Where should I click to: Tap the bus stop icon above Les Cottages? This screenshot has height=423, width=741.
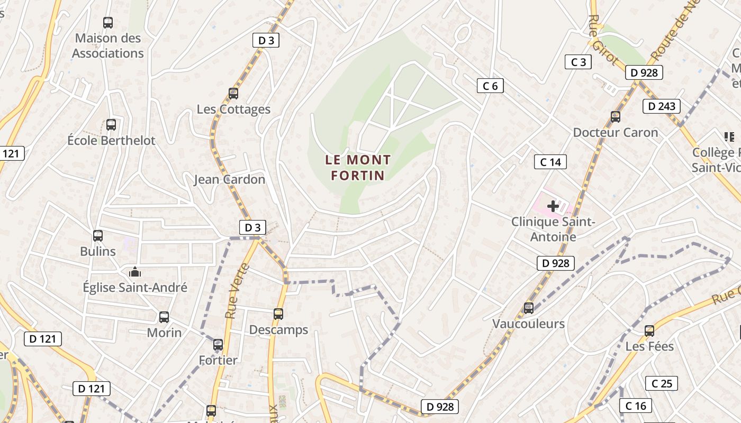pyautogui.click(x=233, y=94)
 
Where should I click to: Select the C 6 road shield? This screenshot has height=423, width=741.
pyautogui.click(x=490, y=86)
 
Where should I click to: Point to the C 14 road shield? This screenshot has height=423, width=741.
pyautogui.click(x=550, y=162)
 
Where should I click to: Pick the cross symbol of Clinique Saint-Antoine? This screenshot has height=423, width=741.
pyautogui.click(x=553, y=206)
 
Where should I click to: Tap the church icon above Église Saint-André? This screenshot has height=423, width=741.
pyautogui.click(x=135, y=272)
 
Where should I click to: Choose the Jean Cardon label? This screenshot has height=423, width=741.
pyautogui.click(x=229, y=179)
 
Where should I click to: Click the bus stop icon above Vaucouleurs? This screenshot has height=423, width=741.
pyautogui.click(x=528, y=308)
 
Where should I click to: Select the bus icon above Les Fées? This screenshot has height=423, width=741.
pyautogui.click(x=649, y=331)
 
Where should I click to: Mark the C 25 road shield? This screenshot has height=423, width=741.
pyautogui.click(x=662, y=383)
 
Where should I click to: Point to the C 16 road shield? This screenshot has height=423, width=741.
pyautogui.click(x=636, y=406)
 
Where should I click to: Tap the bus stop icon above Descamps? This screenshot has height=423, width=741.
pyautogui.click(x=278, y=314)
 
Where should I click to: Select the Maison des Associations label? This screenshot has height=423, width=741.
pyautogui.click(x=108, y=45)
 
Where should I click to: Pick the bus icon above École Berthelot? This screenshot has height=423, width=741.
pyautogui.click(x=111, y=125)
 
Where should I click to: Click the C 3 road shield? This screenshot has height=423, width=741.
pyautogui.click(x=578, y=62)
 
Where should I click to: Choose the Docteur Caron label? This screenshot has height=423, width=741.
pyautogui.click(x=616, y=132)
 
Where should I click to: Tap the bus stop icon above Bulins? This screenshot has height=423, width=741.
pyautogui.click(x=98, y=236)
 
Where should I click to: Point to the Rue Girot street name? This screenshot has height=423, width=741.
pyautogui.click(x=603, y=39)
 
